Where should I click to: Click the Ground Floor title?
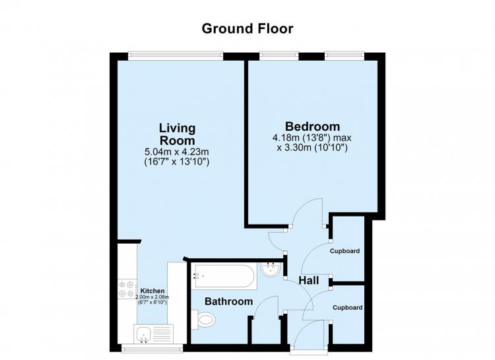tap(247, 29)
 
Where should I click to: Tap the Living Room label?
tap(177, 134)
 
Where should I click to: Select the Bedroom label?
tap(313, 126)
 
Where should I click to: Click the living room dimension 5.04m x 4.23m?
tap(176, 152)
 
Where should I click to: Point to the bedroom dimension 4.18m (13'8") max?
tap(312, 138)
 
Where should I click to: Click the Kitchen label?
tap(152, 291)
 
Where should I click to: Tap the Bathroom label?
tap(229, 301)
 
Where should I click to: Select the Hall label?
tap(309, 280)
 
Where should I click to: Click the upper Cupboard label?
tap(345, 251)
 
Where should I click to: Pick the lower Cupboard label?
tap(348, 308)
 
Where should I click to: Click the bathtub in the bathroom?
tap(224, 276)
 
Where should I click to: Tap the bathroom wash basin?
tap(270, 271)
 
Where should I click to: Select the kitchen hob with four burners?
tap(127, 289)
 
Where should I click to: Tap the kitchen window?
tap(152, 349)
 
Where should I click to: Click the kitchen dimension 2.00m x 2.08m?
tap(152, 297)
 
